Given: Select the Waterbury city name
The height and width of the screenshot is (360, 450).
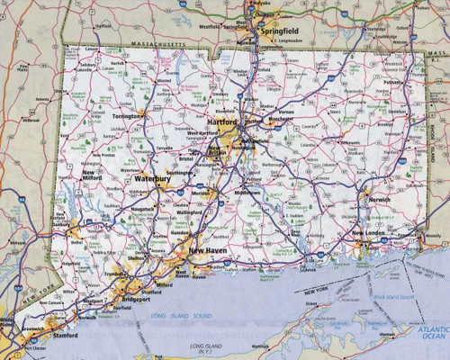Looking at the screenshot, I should click(x=152, y=179).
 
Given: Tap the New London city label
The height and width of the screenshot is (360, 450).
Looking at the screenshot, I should click(x=369, y=233).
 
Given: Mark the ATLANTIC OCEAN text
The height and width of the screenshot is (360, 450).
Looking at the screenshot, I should click(x=426, y=335).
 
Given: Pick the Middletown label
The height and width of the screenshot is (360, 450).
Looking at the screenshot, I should click(x=247, y=193).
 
